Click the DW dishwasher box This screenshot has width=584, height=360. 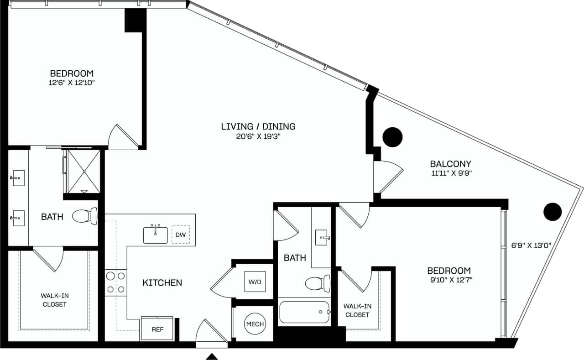[x=181, y=235]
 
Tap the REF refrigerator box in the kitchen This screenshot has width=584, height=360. [x=157, y=329]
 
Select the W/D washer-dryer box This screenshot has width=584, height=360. [x=255, y=282]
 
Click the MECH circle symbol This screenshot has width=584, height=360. [x=255, y=323]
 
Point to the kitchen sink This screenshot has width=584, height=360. [x=156, y=235]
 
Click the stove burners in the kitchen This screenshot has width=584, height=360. [x=115, y=282]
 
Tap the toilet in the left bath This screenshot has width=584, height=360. [x=85, y=216]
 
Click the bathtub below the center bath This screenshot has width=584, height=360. [x=303, y=312]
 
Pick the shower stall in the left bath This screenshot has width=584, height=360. [x=83, y=171]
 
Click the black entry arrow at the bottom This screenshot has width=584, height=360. [x=212, y=356]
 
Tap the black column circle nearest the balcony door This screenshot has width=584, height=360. [x=392, y=136]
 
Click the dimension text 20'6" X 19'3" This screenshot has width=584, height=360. [x=258, y=136]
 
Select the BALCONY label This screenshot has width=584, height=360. [x=450, y=163]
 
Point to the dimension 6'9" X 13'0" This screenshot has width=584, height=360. [x=532, y=245]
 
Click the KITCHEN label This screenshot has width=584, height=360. [x=162, y=283]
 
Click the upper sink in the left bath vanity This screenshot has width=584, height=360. [x=18, y=177]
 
